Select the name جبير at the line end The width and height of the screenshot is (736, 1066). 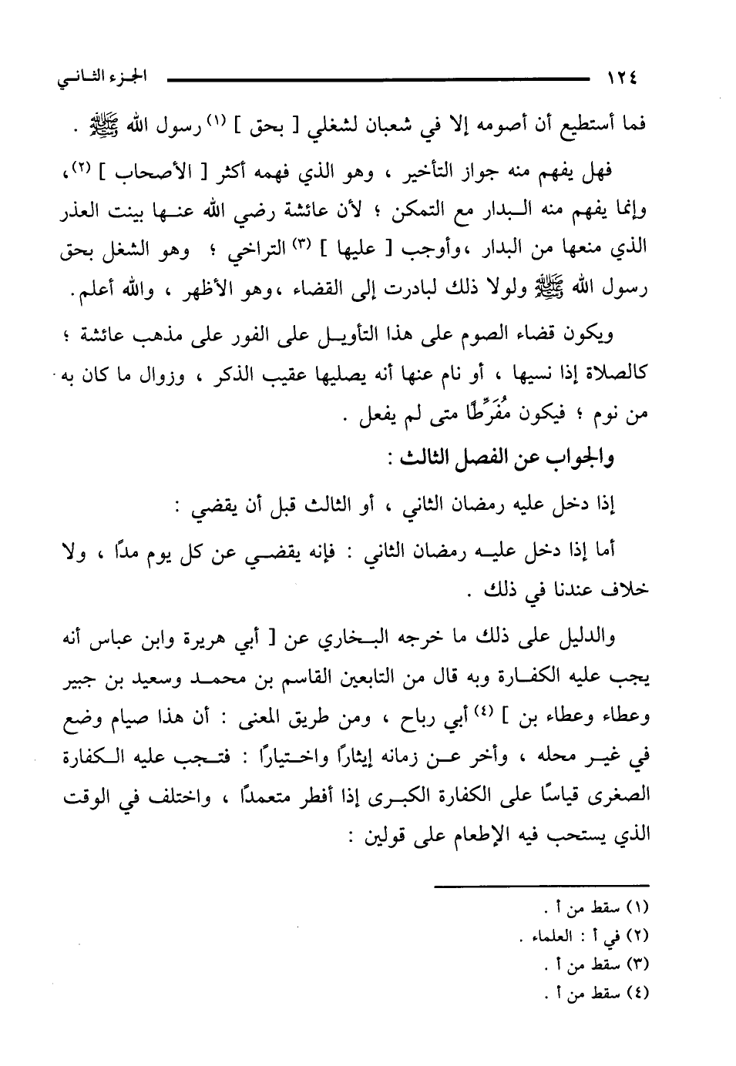tap(79, 675)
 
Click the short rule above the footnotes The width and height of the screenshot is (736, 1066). tap(542, 887)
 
